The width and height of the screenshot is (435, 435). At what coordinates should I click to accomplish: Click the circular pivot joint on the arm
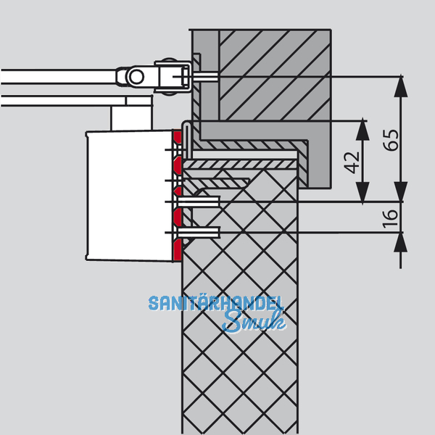[x=136, y=76]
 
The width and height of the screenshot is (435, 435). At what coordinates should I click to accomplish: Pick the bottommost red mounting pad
[x=177, y=249]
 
